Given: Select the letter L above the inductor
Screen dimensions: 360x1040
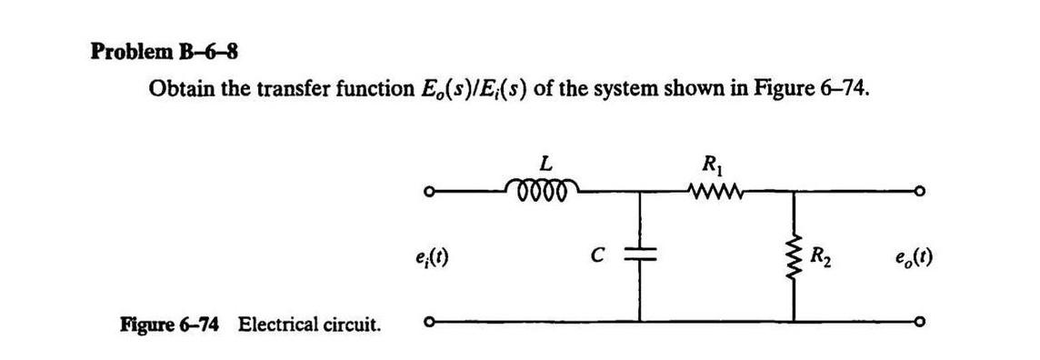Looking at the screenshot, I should (545, 165).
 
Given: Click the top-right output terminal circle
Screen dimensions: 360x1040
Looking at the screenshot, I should (921, 192).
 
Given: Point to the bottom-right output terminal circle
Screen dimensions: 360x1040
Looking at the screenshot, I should (921, 320).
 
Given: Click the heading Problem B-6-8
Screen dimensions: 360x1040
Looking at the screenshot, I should (165, 52).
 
